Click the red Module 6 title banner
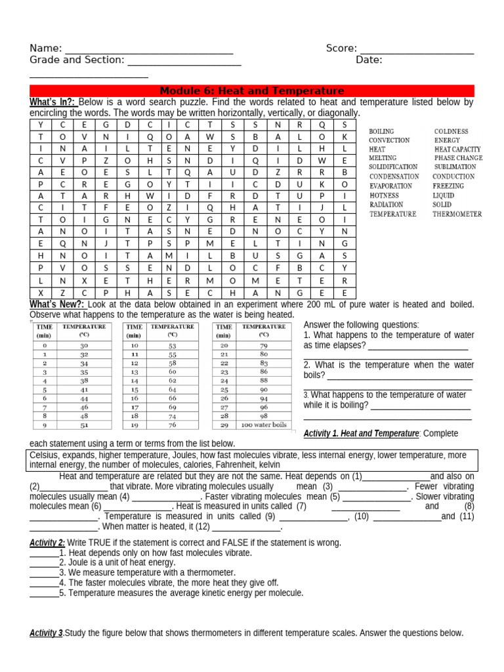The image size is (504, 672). [252, 91]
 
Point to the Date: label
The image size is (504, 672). [369, 60]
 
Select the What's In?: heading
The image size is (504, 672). [52, 102]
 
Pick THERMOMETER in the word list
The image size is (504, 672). [457, 214]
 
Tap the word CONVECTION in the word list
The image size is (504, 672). [389, 140]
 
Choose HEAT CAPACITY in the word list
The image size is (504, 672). [457, 150]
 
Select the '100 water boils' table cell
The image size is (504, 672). [264, 425]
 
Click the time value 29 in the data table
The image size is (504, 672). [224, 425]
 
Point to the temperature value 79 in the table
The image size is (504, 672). [264, 345]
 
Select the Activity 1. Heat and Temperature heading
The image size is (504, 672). [361, 434]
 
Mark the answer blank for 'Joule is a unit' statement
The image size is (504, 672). [44, 562]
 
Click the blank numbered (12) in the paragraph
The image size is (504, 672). [247, 527]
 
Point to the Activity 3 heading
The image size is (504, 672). [47, 633]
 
